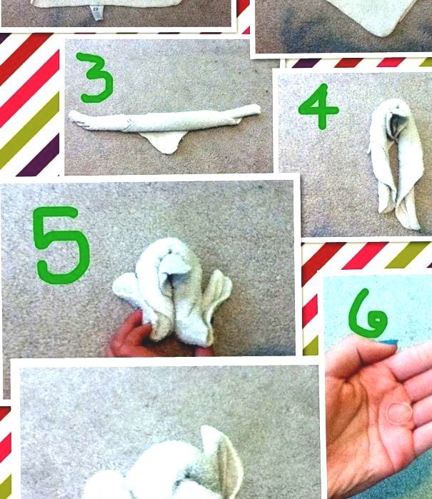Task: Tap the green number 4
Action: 318,107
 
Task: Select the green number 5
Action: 61,245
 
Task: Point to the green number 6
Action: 368,314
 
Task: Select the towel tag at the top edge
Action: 96,13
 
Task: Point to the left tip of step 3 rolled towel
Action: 70,114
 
